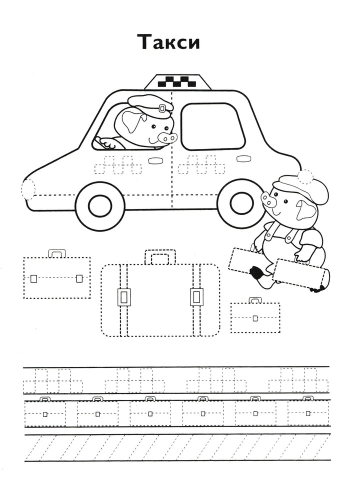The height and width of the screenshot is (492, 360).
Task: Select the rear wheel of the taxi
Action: [x=242, y=203]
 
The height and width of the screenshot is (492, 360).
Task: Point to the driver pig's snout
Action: [x=167, y=137]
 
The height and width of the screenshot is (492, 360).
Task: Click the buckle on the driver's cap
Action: [x=162, y=108]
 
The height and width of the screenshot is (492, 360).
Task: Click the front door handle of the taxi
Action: [x=154, y=160]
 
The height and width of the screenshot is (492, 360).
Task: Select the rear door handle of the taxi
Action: [x=243, y=158]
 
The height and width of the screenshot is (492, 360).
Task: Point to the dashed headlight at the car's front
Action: [x=27, y=189]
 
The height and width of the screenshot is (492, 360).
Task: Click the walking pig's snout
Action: [x=268, y=200]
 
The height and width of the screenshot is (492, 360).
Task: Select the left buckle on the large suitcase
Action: [x=124, y=296]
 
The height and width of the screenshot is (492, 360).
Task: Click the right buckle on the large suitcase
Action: [x=196, y=296]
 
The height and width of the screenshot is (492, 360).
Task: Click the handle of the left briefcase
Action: [x=57, y=253]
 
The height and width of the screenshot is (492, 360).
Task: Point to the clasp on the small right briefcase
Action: [x=255, y=318]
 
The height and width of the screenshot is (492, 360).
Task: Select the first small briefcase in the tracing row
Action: [x=45, y=411]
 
